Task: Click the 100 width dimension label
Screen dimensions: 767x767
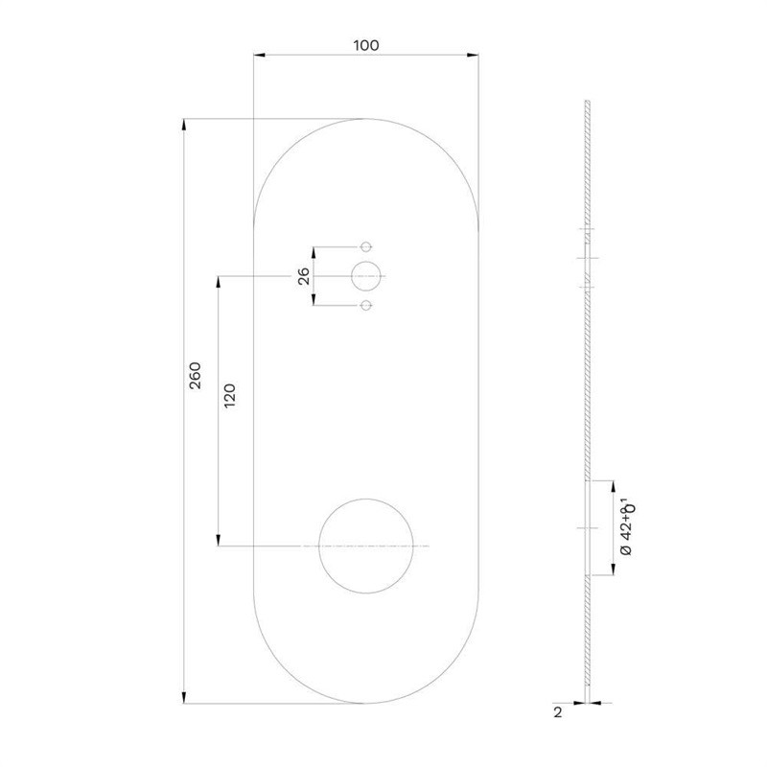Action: pyautogui.click(x=366, y=45)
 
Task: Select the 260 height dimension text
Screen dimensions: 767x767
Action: pyautogui.click(x=196, y=375)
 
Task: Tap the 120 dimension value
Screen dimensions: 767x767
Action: pyautogui.click(x=229, y=396)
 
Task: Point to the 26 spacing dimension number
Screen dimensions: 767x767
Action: pyautogui.click(x=304, y=276)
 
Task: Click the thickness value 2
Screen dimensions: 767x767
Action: pyautogui.click(x=558, y=712)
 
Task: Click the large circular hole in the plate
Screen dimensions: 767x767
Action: pyautogui.click(x=366, y=499)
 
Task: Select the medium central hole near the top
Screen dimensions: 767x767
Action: pyautogui.click(x=366, y=261)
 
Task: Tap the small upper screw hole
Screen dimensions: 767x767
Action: pyautogui.click(x=366, y=242)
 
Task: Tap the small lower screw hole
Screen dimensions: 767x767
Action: pyautogui.click(x=366, y=300)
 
